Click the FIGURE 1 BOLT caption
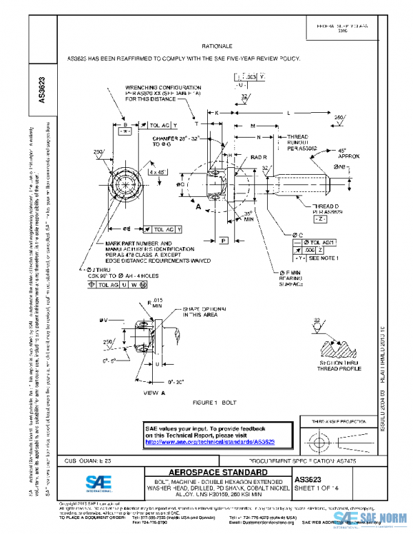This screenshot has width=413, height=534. (215, 401)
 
